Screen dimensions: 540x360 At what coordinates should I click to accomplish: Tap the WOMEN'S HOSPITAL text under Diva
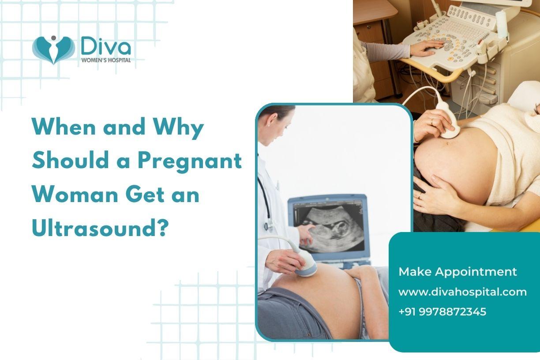[x=106, y=60]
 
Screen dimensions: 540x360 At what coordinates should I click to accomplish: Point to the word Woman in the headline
[x=75, y=195]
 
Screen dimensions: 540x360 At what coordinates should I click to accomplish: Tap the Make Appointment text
[x=457, y=272]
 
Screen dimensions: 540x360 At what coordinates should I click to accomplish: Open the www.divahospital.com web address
[x=463, y=292]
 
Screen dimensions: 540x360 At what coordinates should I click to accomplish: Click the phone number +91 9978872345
[x=442, y=311]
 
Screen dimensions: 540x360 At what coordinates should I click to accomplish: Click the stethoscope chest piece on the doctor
[x=267, y=226]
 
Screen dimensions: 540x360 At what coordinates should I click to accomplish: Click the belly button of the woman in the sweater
[x=447, y=143]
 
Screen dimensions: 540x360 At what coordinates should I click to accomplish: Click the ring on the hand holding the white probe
[x=432, y=121]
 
